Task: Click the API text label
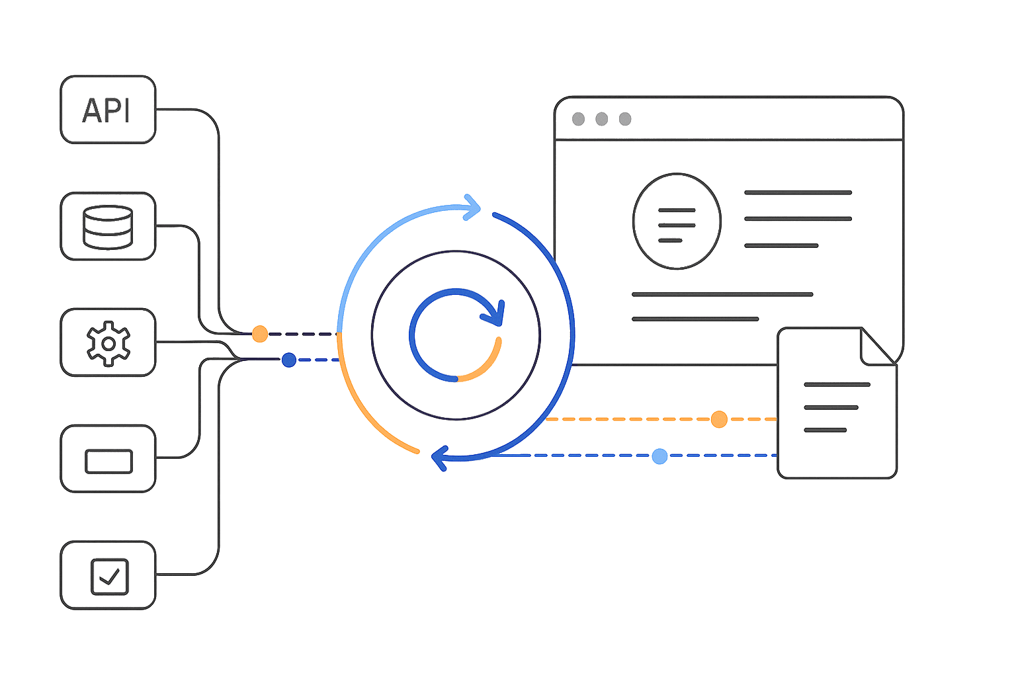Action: point(106,110)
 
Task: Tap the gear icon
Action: point(108,342)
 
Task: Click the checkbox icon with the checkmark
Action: point(109,576)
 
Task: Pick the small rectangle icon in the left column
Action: point(108,461)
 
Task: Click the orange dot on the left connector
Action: point(260,334)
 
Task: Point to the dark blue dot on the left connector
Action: point(288,360)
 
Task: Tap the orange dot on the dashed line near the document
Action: point(719,419)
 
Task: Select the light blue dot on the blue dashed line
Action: point(659,456)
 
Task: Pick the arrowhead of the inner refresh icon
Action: point(494,313)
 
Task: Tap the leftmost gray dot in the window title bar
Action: point(578,119)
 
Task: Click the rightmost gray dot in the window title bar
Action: point(625,119)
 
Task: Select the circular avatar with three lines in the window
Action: point(677,221)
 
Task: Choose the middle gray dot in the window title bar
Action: point(601,119)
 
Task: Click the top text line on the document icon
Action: point(837,385)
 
